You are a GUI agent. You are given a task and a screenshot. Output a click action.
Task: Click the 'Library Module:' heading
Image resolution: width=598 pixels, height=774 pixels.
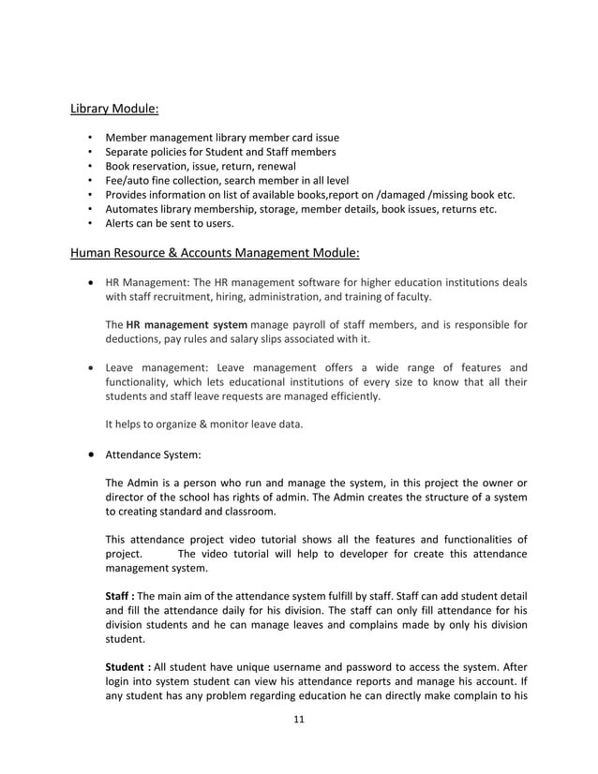[114, 109]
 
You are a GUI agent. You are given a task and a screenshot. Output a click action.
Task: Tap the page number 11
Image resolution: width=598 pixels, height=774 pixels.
[298, 720]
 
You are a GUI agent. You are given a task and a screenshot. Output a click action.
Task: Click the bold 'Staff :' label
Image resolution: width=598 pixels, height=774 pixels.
[120, 597]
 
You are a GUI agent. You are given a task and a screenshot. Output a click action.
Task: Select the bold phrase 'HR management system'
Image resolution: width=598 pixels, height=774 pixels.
[187, 325]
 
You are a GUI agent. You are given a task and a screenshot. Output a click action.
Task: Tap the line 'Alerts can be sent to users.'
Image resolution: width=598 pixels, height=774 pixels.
[170, 223]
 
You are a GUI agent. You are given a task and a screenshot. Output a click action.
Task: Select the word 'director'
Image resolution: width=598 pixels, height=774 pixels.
[128, 497]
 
